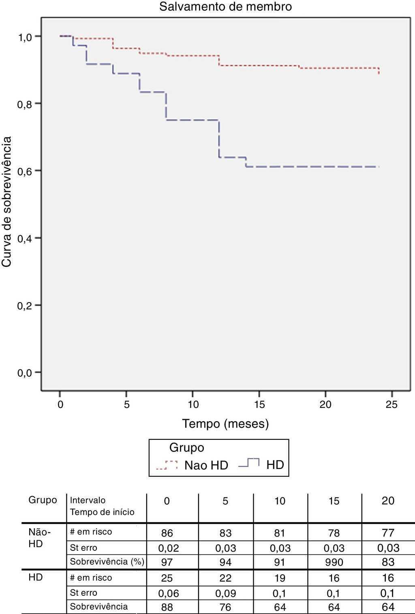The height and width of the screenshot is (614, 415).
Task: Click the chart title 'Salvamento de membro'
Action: point(225,7)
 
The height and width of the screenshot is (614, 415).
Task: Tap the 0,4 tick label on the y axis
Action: point(24,238)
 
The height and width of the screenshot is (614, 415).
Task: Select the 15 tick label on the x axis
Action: point(259,404)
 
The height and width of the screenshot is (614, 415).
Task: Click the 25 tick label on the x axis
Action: point(391,404)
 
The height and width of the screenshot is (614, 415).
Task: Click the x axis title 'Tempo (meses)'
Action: point(225,424)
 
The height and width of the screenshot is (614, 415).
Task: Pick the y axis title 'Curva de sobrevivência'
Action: point(7,202)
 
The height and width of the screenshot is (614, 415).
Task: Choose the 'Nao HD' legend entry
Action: point(206,465)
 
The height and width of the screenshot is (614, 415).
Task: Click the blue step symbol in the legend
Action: point(249,463)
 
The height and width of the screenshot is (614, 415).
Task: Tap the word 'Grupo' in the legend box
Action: point(186,448)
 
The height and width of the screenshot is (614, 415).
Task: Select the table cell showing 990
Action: point(334,562)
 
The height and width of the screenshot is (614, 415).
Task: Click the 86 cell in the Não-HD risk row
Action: point(167,533)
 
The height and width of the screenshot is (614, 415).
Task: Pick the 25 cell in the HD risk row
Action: point(167,578)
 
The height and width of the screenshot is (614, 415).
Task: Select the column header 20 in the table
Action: point(388,501)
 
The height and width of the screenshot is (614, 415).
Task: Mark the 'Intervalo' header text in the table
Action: point(88,500)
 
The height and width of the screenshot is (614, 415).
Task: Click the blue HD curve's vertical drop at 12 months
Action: point(219,139)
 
